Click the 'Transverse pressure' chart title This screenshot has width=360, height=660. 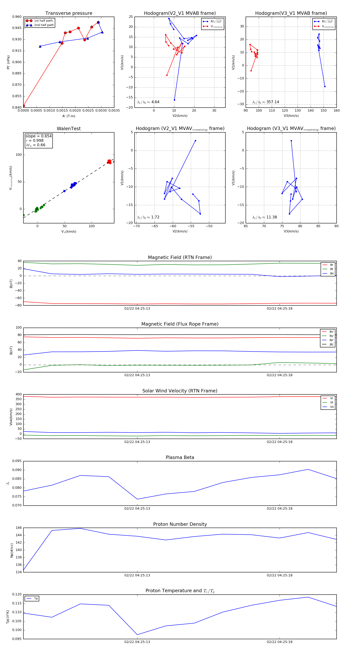[69, 13]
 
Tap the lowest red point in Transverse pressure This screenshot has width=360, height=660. [24, 106]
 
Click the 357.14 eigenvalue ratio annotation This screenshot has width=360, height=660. [266, 102]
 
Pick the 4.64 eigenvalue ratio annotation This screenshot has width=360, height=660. [148, 102]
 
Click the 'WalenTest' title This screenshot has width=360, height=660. [69, 129]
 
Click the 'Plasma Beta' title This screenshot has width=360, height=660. [180, 457]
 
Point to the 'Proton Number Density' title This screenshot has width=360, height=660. [180, 524]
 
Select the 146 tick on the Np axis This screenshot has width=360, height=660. [19, 528]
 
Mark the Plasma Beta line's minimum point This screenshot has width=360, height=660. [137, 499]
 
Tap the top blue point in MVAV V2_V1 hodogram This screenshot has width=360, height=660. [196, 141]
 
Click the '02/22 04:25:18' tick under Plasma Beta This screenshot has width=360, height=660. [280, 508]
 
